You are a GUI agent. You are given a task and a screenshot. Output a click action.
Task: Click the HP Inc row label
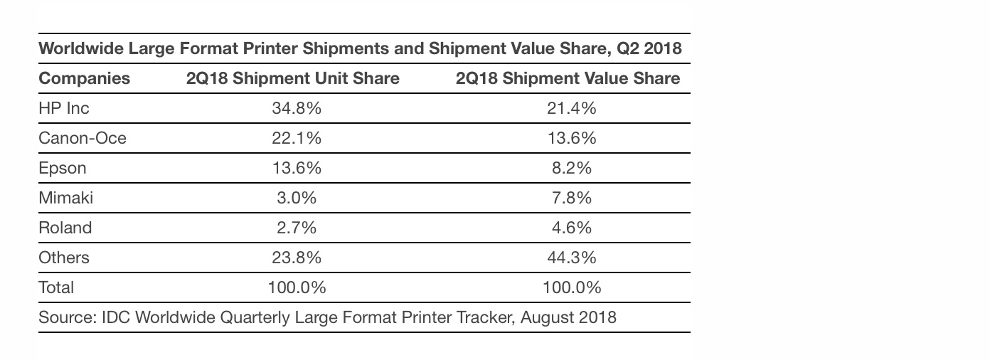click(64, 108)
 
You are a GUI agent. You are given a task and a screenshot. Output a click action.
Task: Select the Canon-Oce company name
click(82, 138)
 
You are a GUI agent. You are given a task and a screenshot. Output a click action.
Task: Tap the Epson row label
click(63, 168)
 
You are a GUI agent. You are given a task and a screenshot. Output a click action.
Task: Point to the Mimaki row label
click(66, 198)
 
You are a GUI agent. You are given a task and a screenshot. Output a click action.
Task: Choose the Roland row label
click(65, 228)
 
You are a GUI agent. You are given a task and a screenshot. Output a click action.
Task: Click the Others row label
click(64, 258)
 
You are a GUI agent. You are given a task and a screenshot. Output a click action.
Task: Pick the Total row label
click(57, 287)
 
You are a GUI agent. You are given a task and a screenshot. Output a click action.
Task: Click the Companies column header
click(85, 78)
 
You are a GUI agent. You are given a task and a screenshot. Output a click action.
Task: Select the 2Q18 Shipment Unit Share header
click(292, 78)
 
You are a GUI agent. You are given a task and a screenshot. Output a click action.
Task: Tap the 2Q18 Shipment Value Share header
click(568, 78)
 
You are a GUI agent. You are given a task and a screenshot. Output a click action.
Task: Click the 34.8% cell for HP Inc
click(297, 108)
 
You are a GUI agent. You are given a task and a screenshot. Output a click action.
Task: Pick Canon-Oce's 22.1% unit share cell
click(297, 138)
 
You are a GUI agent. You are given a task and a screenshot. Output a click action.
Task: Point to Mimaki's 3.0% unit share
click(297, 198)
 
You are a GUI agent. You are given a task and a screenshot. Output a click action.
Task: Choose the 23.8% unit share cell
click(297, 258)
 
